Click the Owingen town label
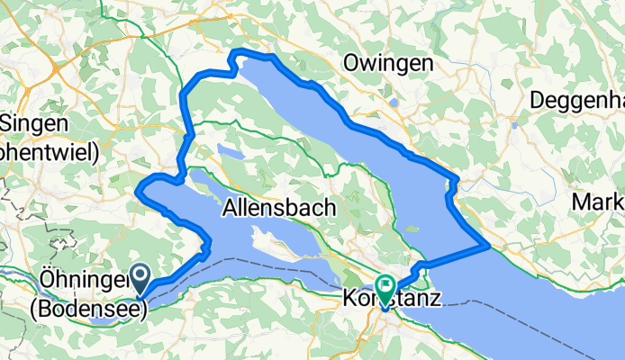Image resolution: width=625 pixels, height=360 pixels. [388, 64]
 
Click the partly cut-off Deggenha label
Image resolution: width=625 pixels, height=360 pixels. [577, 99]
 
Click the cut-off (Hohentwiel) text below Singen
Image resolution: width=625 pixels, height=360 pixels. [49, 151]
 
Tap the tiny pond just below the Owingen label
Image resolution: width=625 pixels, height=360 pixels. [394, 103]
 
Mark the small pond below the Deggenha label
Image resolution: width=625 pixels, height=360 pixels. [514, 125]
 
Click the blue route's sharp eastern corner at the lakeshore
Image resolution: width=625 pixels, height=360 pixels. [487, 243]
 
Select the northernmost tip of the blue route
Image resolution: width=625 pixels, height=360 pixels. [236, 53]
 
